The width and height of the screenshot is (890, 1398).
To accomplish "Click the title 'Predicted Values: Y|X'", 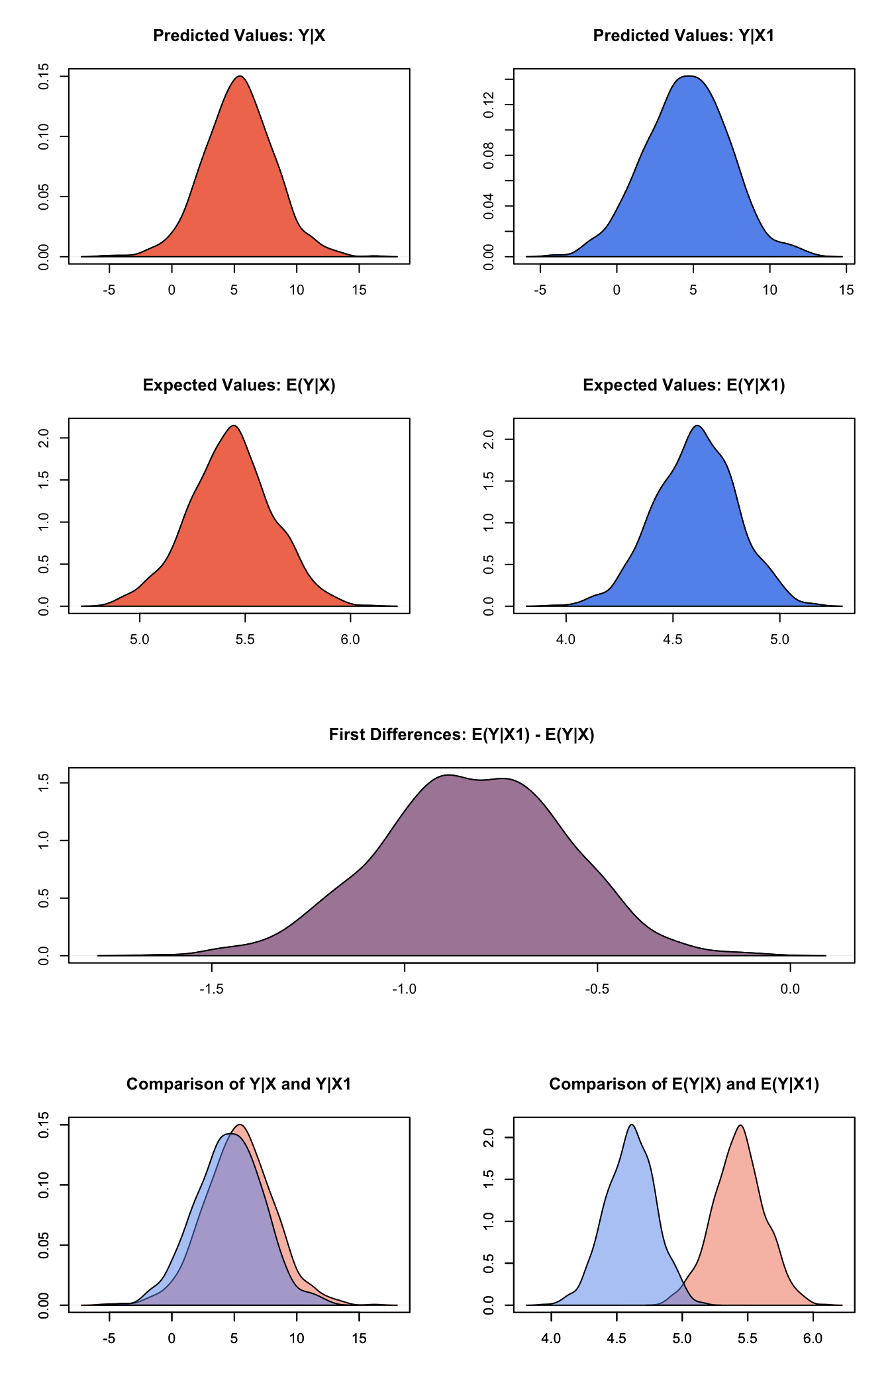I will [239, 36].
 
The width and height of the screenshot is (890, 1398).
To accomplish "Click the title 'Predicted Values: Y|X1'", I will [683, 36].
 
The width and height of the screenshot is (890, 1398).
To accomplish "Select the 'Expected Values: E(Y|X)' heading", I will [239, 385].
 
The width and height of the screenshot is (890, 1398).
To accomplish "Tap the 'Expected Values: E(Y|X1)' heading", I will [683, 385].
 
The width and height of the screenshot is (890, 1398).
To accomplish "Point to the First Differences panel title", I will [462, 735].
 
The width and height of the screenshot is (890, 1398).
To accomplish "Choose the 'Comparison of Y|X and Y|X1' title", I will [239, 1084].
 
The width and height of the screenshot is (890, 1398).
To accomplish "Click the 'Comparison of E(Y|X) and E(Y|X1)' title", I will [683, 1084].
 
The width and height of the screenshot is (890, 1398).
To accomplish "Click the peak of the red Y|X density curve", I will [240, 77].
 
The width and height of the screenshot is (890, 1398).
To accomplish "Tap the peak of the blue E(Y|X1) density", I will [698, 426].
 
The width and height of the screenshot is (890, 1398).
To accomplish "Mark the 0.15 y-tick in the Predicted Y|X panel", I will [44, 77].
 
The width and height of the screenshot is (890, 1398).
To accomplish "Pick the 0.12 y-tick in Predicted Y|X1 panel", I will [489, 105].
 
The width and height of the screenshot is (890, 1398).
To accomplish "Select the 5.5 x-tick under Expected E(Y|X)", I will [245, 640].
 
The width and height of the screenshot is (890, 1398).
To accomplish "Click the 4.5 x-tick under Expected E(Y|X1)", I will [673, 640].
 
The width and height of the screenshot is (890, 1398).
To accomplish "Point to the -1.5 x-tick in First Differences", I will [212, 990].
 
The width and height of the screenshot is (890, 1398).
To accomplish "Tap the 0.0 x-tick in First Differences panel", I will [790, 990].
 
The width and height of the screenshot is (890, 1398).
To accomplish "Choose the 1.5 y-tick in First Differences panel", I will [44, 783].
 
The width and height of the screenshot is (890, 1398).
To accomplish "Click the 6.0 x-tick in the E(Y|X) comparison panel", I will [813, 1339].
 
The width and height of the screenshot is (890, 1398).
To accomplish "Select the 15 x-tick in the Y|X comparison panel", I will [359, 1339].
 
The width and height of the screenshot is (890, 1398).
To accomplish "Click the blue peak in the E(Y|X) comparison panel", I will [632, 1125].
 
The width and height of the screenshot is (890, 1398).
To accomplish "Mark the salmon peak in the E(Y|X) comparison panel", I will [740, 1126].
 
